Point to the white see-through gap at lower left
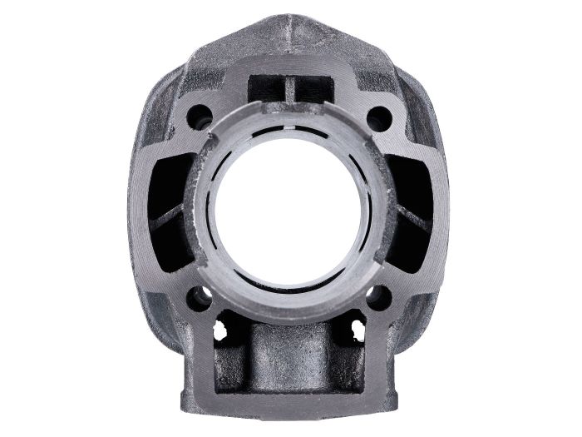point(221,330)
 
